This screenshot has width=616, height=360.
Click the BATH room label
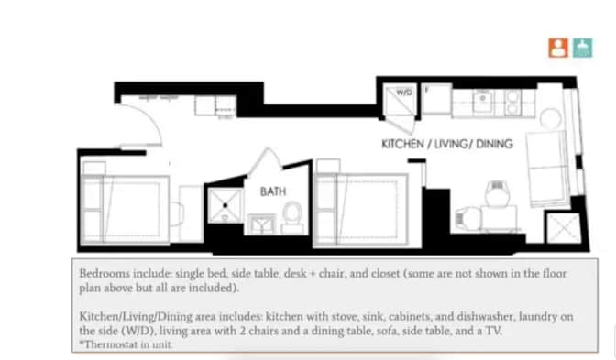point(273,191)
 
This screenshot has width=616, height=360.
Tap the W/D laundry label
point(404,93)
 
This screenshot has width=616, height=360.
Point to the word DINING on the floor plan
point(493,145)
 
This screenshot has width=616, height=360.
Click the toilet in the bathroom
point(292,216)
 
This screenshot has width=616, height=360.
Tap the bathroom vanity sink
point(261,224)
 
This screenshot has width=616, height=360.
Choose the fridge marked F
point(436,99)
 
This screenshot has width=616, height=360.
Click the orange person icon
point(558,48)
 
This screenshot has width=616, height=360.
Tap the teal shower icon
point(582,48)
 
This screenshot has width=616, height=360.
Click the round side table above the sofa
point(550,118)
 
